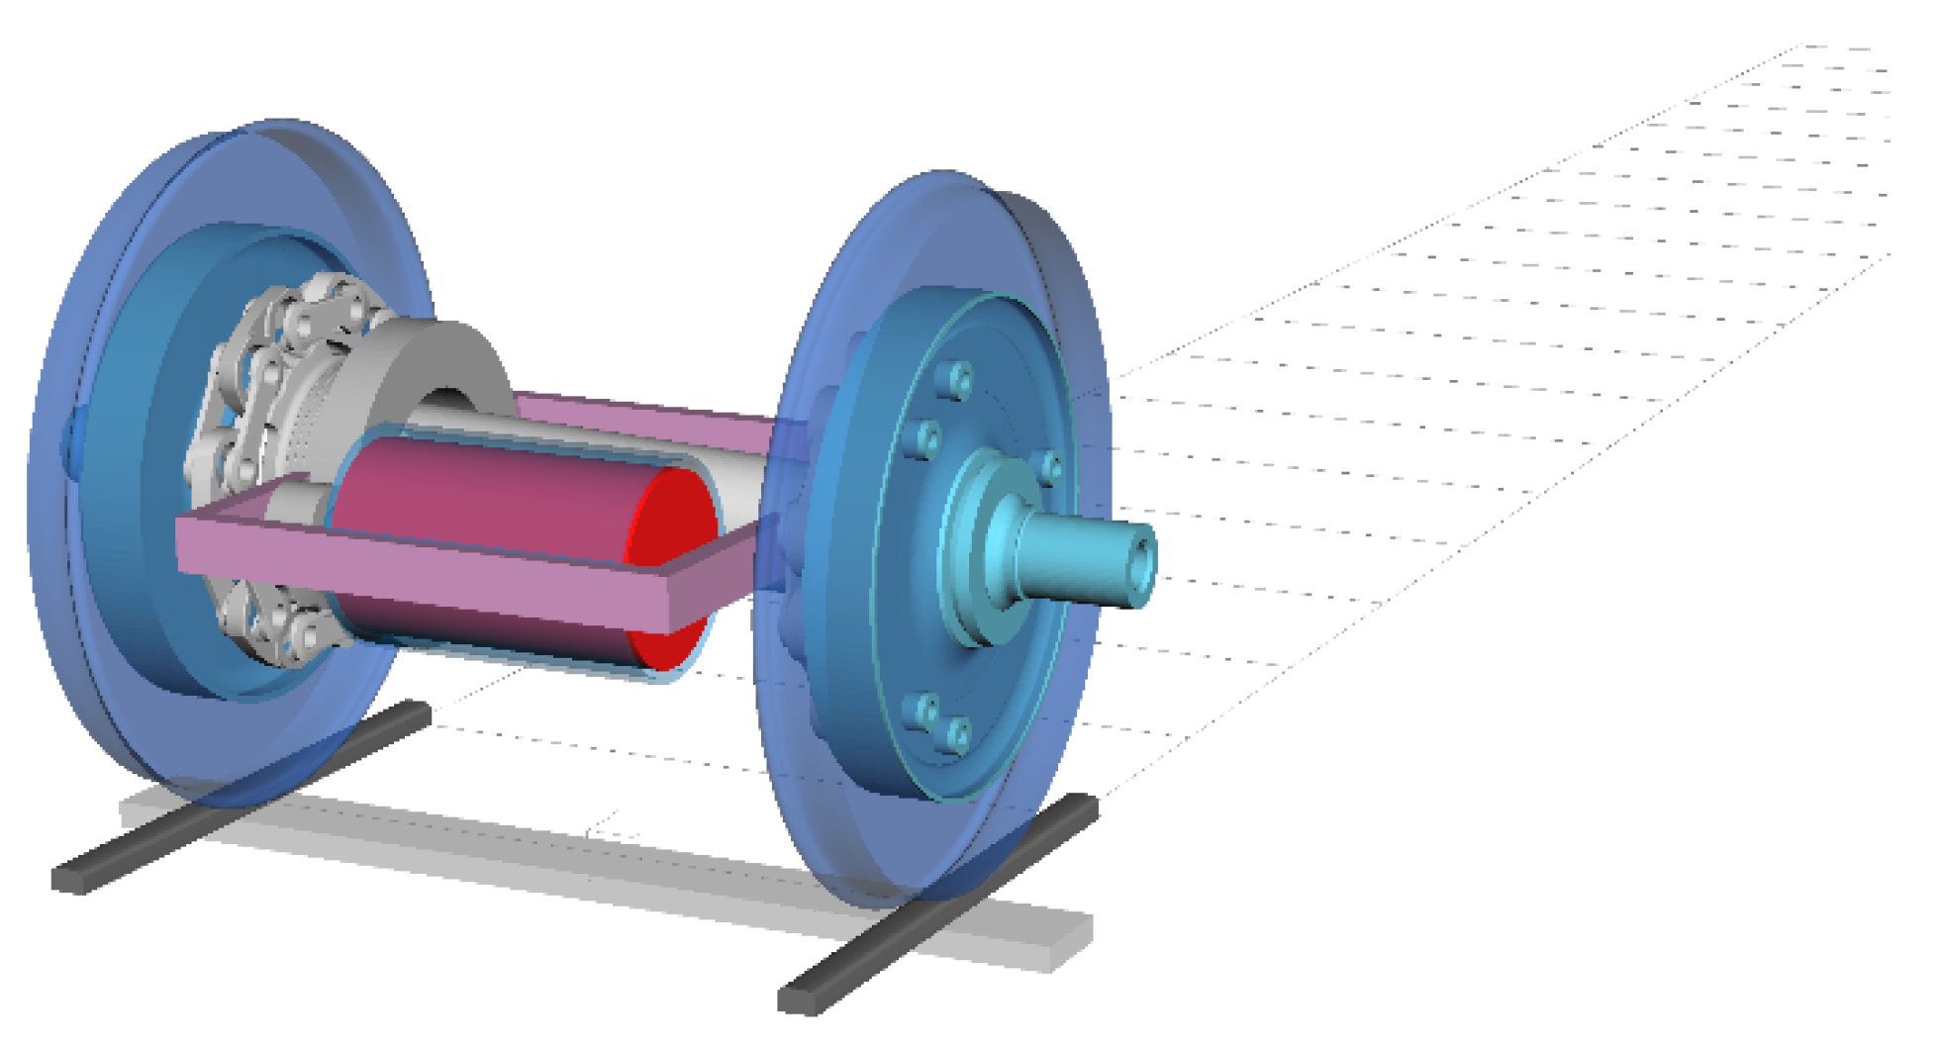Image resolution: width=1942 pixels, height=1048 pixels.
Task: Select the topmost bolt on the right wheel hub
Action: click(x=957, y=380)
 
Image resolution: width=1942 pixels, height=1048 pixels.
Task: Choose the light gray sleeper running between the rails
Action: click(x=594, y=861)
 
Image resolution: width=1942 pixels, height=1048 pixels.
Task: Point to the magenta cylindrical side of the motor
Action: click(x=475, y=495)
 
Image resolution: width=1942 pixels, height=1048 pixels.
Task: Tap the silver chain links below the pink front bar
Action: click(x=277, y=623)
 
